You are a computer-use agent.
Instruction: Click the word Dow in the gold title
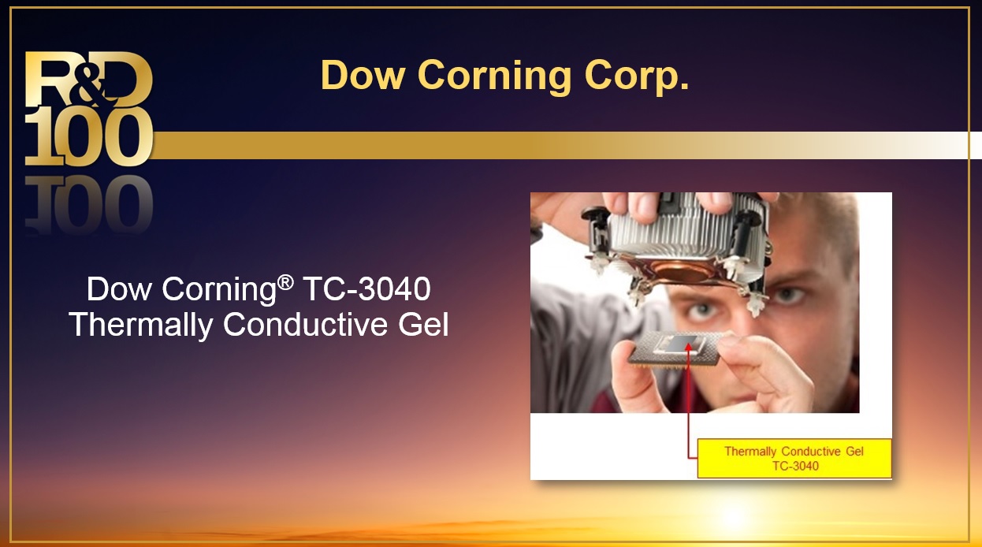pos(363,75)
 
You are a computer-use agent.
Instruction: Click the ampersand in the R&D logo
pos(91,84)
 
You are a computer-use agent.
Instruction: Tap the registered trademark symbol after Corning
pos(285,283)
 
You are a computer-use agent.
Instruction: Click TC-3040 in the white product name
pos(367,288)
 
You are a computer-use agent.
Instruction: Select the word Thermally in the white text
pos(140,326)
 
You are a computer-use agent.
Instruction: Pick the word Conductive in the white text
pos(306,325)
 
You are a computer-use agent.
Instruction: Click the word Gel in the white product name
pos(423,325)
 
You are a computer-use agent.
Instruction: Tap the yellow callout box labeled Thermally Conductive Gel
pos(794,458)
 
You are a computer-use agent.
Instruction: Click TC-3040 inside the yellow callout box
pos(795,466)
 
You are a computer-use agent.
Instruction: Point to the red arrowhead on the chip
pos(688,347)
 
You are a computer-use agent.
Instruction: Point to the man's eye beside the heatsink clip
pos(787,296)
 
